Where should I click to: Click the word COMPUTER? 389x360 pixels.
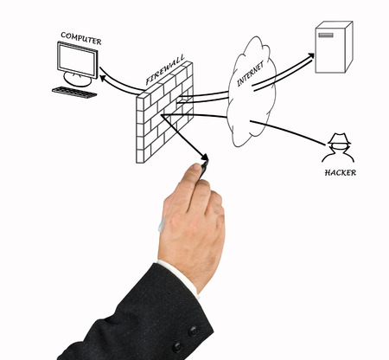(x=81, y=38)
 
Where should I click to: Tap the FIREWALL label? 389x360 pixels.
(x=165, y=70)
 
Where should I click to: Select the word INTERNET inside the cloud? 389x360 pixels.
(x=250, y=74)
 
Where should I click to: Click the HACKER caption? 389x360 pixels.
(x=341, y=173)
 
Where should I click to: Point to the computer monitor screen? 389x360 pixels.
(x=78, y=60)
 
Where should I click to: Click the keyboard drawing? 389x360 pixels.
(x=74, y=92)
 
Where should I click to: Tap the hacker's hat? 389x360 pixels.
(x=340, y=139)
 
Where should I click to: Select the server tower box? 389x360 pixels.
(x=334, y=47)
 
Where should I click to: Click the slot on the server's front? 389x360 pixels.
(x=326, y=35)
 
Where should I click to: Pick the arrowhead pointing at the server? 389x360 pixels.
(x=311, y=55)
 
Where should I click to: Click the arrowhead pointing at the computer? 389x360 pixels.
(x=104, y=79)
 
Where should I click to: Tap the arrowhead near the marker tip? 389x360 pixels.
(x=205, y=157)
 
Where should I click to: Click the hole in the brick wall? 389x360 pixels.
(x=182, y=100)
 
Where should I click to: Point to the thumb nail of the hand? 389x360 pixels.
(x=196, y=167)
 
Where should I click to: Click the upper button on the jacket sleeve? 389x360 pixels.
(x=194, y=331)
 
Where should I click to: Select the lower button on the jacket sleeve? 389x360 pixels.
(x=177, y=346)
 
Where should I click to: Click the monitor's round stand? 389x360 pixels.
(x=77, y=79)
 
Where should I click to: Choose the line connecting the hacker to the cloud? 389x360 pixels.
(x=287, y=132)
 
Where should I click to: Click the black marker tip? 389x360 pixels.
(x=204, y=166)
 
